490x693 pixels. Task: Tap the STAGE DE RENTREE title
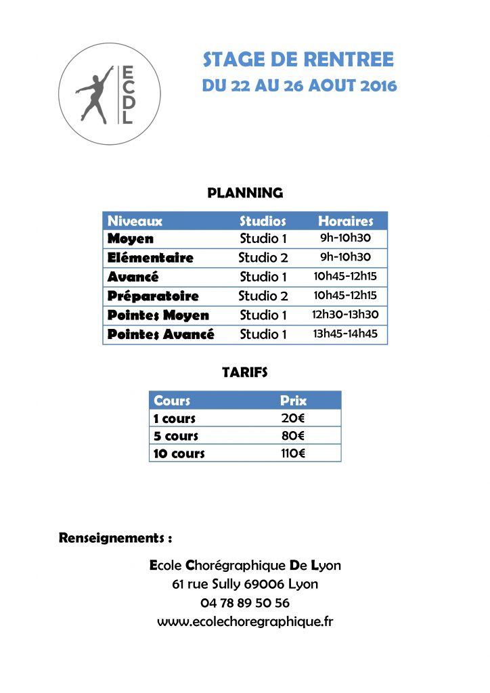pyautogui.click(x=298, y=60)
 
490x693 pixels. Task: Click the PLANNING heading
pyautogui.click(x=244, y=193)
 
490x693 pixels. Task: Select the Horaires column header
pyautogui.click(x=345, y=221)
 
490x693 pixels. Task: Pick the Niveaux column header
pyautogui.click(x=135, y=221)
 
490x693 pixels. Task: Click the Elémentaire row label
pyautogui.click(x=150, y=258)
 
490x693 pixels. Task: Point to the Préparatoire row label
pyautogui.click(x=153, y=296)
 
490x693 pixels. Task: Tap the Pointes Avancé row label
pyautogui.click(x=160, y=334)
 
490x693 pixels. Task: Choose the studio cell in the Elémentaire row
pyautogui.click(x=263, y=258)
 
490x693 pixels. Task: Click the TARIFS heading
pyautogui.click(x=244, y=372)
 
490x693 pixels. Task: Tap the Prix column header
pyautogui.click(x=293, y=401)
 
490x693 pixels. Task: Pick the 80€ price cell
pyautogui.click(x=293, y=436)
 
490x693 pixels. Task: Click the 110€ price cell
pyautogui.click(x=293, y=453)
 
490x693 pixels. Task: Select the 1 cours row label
pyautogui.click(x=174, y=418)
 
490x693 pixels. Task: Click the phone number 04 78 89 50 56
pyautogui.click(x=245, y=602)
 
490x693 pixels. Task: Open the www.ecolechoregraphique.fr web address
pyautogui.click(x=245, y=621)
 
